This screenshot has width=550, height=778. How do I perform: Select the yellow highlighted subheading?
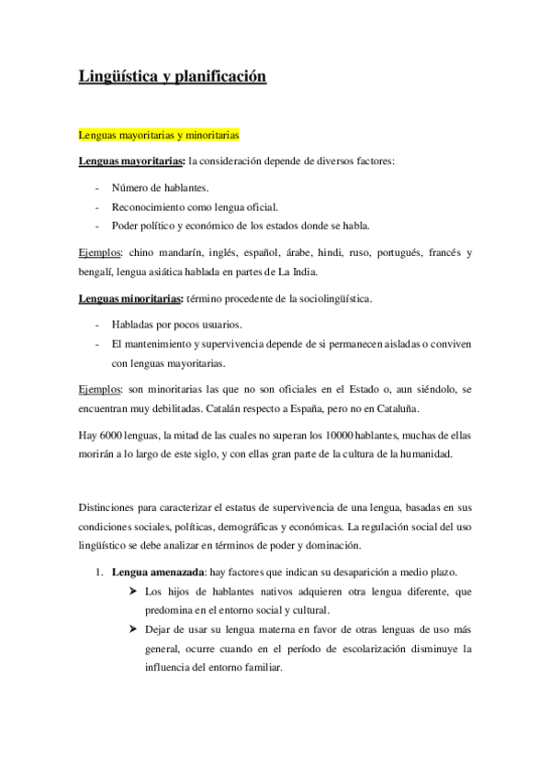(159, 136)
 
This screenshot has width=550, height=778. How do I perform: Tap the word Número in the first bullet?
(130, 188)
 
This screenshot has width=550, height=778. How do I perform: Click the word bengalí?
(97, 271)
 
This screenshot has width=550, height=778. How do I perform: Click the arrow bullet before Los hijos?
(134, 591)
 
